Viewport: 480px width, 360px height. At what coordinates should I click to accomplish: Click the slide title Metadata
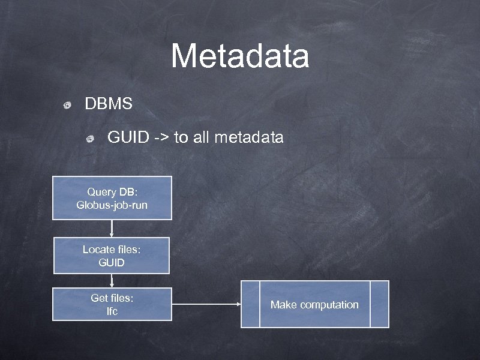[240, 56]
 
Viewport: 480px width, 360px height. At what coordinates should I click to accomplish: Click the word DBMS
[109, 104]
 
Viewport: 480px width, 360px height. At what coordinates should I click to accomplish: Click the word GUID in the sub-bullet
[128, 138]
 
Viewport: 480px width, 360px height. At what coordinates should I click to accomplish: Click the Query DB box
[112, 198]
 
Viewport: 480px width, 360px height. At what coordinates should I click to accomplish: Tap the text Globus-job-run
[112, 205]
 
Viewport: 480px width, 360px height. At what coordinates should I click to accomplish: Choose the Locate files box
[112, 256]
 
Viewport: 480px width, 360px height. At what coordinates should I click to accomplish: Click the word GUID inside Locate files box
[112, 263]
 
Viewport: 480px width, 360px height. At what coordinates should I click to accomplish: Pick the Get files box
[112, 304]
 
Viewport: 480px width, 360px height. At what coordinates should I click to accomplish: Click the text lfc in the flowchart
[112, 311]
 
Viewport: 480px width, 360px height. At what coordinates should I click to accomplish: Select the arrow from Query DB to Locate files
[112, 229]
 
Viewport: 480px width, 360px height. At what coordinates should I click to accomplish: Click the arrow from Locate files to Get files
[112, 281]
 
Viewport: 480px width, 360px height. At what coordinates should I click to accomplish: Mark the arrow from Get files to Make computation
[206, 304]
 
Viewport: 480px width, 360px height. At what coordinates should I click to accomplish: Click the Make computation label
[314, 305]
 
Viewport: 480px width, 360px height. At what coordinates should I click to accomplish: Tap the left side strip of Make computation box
[250, 304]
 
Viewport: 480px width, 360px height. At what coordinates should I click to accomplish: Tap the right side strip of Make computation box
[379, 304]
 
